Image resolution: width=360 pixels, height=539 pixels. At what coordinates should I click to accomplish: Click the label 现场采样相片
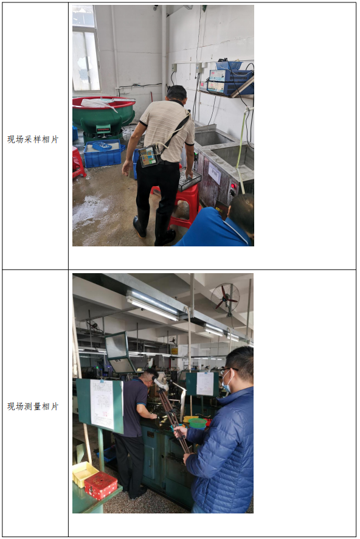[33, 139]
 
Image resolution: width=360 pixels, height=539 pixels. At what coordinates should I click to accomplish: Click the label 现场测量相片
[33, 406]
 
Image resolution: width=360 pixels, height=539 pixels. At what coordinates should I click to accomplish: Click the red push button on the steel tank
[234, 186]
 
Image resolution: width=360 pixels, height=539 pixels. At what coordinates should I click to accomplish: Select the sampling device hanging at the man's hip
[149, 156]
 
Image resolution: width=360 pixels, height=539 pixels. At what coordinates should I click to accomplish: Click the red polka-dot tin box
[101, 485]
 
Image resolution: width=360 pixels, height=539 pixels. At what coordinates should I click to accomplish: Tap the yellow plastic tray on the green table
[85, 474]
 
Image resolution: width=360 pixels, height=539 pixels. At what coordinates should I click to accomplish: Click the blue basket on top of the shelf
[229, 65]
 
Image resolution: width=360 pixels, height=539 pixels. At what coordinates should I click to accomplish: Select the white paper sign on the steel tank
[215, 173]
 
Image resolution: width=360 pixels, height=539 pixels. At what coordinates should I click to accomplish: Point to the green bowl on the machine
[198, 423]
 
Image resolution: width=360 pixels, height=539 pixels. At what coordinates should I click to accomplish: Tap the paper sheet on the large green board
[102, 404]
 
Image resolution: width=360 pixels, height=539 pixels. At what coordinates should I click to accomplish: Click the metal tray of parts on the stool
[189, 179]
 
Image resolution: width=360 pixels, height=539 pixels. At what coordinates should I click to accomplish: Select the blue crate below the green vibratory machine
[103, 153]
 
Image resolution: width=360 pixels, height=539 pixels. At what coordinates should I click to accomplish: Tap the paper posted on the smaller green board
[205, 384]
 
